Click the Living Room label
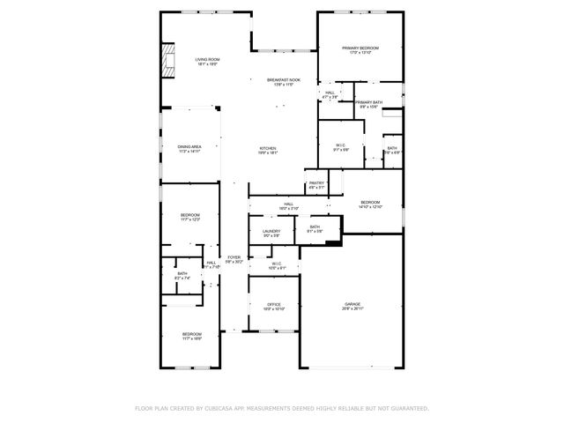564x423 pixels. [207, 59]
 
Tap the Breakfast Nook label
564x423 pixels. [284, 80]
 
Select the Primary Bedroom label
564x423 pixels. [360, 48]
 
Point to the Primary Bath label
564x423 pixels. [369, 103]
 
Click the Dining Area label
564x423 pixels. [189, 146]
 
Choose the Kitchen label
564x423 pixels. [268, 148]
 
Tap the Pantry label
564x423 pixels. [316, 182]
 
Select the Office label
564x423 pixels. [274, 305]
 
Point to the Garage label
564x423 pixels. [352, 305]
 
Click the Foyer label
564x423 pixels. [234, 257]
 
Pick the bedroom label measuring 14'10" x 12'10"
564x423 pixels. [370, 202]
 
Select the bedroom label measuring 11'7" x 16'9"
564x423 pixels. [192, 334]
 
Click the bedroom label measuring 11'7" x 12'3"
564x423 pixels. [190, 215]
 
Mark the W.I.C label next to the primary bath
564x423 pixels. [340, 145]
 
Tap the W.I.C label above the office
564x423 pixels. [276, 263]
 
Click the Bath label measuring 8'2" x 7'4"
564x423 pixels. [182, 273]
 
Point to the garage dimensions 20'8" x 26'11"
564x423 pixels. [352, 309]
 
